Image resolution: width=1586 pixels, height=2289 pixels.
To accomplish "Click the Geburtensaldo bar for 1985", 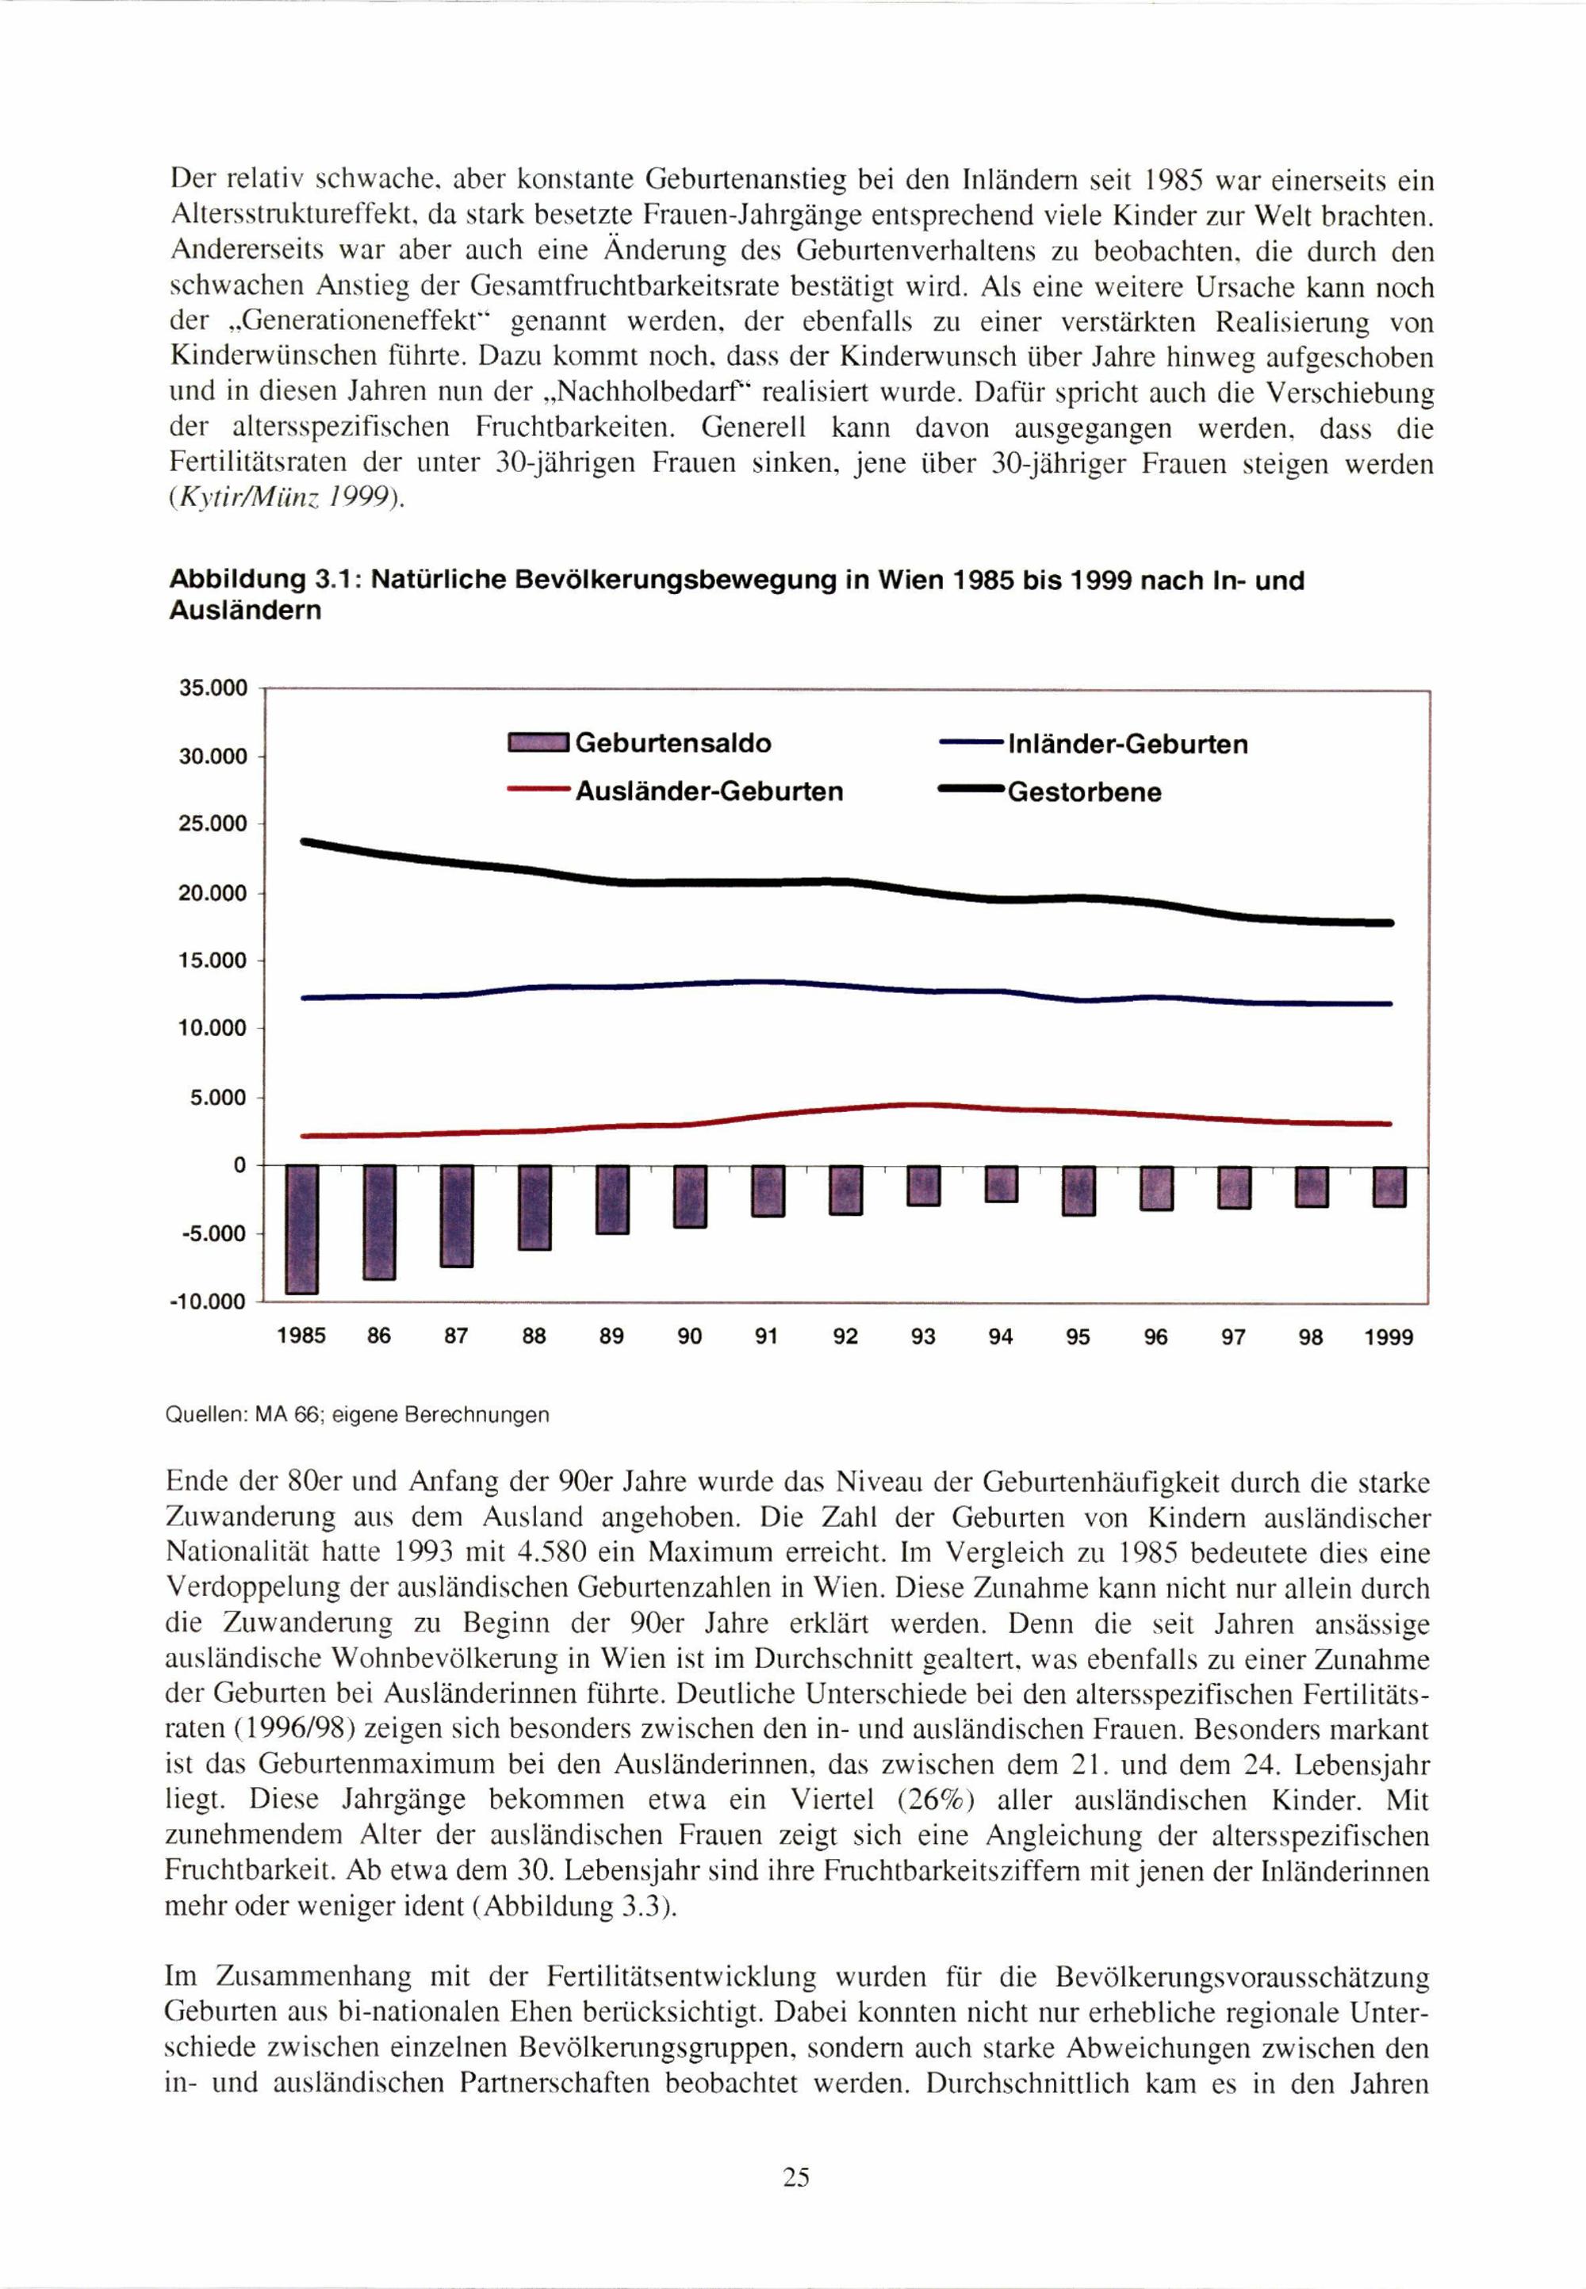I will coord(301,1229).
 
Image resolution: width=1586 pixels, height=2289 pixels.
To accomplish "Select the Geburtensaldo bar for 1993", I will coord(923,1186).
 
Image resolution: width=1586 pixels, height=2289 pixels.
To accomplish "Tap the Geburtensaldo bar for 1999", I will coord(1389,1187).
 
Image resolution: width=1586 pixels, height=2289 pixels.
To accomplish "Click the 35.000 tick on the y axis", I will coord(213,688).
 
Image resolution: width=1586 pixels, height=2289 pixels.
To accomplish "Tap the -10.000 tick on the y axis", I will coord(212,1302).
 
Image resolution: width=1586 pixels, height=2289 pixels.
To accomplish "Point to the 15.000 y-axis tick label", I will coord(213,961).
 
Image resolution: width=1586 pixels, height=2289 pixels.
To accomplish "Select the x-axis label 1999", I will coord(1389,1338).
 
